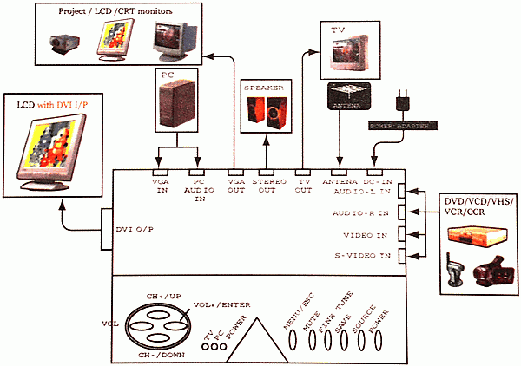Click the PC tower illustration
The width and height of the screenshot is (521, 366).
[x=177, y=108]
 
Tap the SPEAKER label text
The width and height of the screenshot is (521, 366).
[x=262, y=88]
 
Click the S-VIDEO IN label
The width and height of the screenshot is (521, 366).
[x=363, y=255]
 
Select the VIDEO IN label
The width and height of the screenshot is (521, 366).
[x=366, y=234]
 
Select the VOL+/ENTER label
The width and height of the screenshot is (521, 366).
[x=216, y=305]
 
